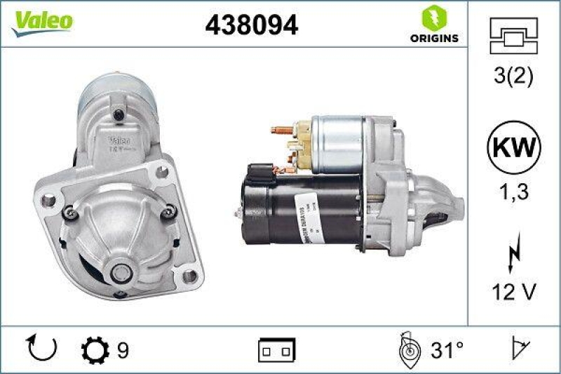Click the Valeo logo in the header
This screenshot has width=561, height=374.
(41, 21)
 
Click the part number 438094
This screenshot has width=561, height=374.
(251, 25)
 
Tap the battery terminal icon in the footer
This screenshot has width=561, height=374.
(278, 349)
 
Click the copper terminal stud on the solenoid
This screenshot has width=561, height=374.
(280, 130)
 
